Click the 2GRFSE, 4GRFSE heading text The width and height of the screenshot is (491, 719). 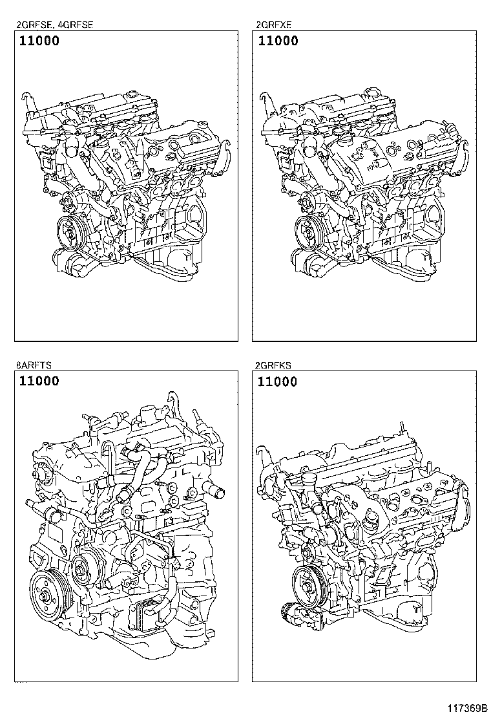[54, 25]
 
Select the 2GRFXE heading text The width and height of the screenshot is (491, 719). [273, 25]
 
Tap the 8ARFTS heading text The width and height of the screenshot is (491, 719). [34, 365]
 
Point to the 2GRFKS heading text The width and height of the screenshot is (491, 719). [273, 365]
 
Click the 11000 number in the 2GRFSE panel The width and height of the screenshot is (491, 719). [39, 41]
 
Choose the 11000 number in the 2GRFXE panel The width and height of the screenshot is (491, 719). [278, 41]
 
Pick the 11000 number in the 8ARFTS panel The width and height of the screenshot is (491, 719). [39, 381]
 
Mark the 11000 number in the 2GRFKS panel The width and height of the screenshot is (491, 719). [277, 381]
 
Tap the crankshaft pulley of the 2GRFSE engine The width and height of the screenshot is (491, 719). [72, 233]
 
